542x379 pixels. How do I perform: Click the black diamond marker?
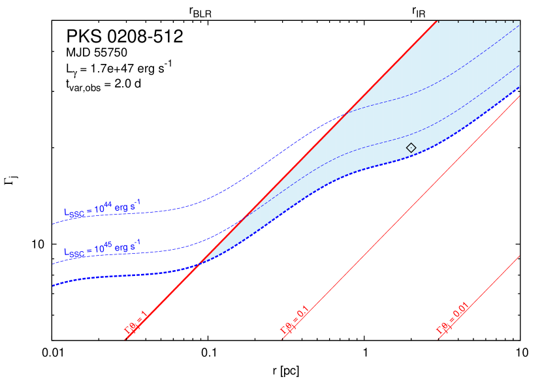click(411, 148)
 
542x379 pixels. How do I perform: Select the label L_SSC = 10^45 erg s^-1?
click(101, 249)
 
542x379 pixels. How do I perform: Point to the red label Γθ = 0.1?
click(294, 321)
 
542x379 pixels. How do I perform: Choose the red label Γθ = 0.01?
click(453, 321)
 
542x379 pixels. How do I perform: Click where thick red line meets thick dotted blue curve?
click(199, 263)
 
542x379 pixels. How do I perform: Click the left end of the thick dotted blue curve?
click(53, 285)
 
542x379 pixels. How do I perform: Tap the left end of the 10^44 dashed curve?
click(53, 224)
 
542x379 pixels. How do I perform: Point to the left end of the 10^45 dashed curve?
click(53, 264)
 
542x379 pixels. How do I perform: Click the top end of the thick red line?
click(436, 22)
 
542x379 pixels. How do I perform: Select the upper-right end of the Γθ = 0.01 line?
click(519, 256)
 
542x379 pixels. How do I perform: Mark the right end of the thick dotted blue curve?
click(519, 87)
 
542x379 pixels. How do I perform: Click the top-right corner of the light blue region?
click(519, 22)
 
